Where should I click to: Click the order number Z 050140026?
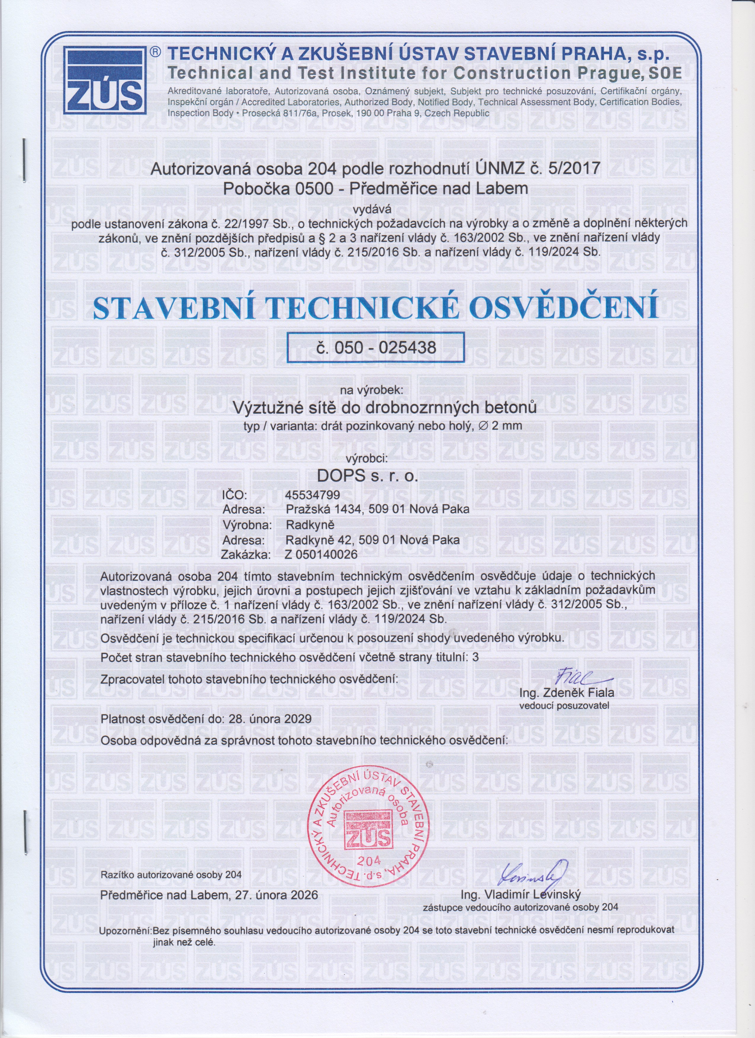(x=321, y=555)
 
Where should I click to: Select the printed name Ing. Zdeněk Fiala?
(x=567, y=692)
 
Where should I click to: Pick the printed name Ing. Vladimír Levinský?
(x=521, y=894)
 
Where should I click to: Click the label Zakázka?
(x=246, y=555)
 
